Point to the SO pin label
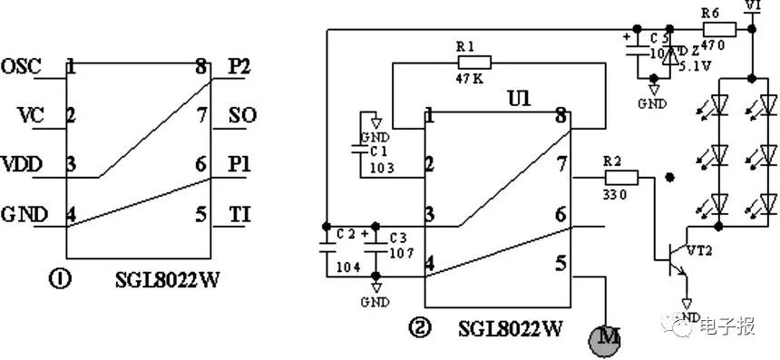(x=242, y=116)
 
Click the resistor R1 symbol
(x=474, y=63)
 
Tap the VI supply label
(x=752, y=7)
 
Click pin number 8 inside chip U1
(x=561, y=116)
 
